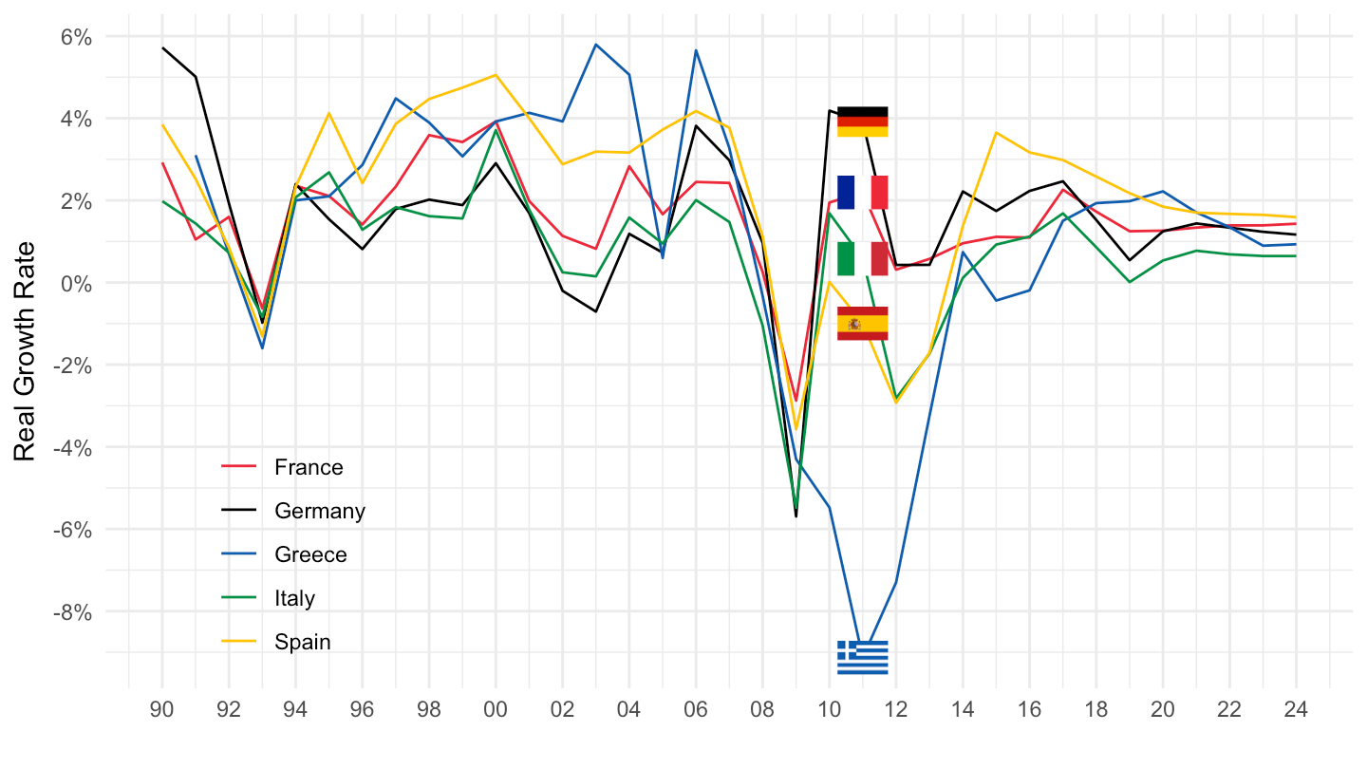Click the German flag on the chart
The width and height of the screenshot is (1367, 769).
[862, 122]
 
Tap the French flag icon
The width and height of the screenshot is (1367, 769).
[862, 193]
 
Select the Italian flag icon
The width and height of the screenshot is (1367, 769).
[862, 258]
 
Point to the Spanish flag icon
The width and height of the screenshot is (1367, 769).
[862, 324]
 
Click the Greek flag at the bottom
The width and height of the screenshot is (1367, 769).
[862, 657]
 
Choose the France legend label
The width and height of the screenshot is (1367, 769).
[309, 467]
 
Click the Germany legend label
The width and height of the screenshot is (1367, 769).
[320, 511]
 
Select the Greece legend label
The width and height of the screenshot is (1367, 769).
[310, 554]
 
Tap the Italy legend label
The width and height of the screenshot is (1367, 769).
[294, 598]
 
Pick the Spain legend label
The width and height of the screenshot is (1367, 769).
[303, 642]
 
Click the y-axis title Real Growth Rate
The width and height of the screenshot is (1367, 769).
[25, 351]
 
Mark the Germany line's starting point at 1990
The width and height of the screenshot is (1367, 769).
[162, 48]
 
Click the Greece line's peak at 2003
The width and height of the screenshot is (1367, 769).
[595, 45]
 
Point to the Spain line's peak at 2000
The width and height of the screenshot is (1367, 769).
[496, 75]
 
